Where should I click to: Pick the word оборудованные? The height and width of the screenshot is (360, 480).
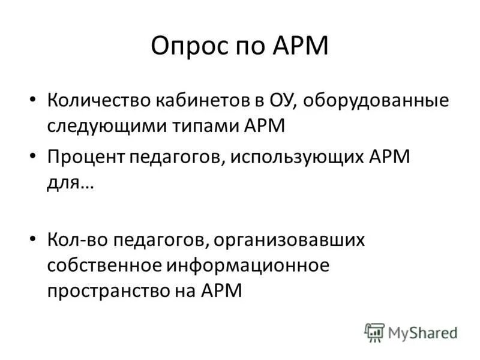tap(367, 100)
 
